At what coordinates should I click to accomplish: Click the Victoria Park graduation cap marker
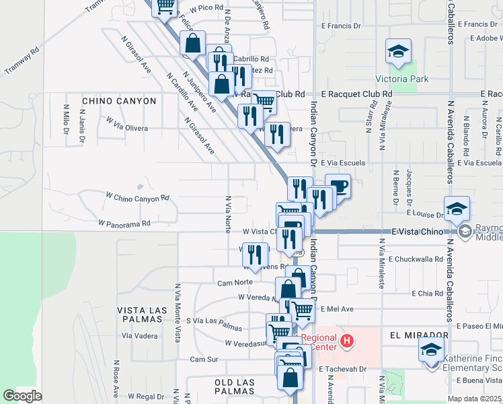[398, 51]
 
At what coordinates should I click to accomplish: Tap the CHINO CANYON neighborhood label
[119, 101]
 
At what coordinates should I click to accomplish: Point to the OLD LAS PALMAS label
[235, 382]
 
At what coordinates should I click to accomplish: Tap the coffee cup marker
[338, 186]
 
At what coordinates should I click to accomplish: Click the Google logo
[22, 396]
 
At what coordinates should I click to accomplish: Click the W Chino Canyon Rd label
[137, 198]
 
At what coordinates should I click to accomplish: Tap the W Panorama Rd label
[124, 222]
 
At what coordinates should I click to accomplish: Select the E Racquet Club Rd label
[356, 94]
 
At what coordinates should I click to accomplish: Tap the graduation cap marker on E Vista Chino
[456, 207]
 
